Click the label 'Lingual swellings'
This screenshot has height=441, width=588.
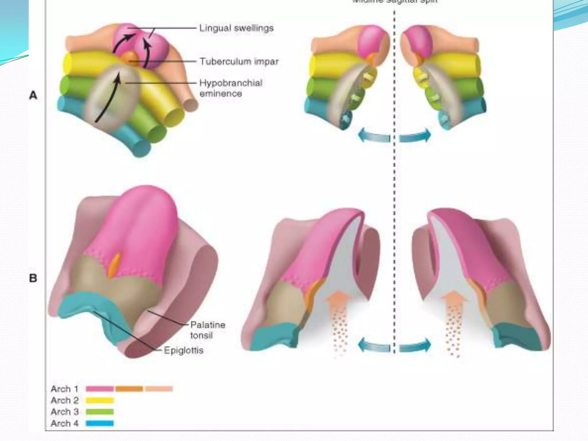click(x=236, y=28)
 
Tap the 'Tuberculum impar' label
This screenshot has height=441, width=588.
click(x=239, y=61)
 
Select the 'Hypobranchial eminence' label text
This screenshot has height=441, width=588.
click(x=231, y=88)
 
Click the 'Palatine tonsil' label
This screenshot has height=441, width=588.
click(x=208, y=330)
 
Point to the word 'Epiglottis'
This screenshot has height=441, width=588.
click(x=183, y=350)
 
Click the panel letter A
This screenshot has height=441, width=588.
click(x=33, y=95)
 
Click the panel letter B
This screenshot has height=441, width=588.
click(x=33, y=278)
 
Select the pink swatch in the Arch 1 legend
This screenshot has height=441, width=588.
click(x=100, y=389)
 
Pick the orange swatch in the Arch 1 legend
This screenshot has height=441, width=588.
click(x=129, y=389)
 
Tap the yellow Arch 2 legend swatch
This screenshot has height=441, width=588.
click(x=100, y=400)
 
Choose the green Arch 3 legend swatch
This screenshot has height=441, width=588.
click(x=100, y=412)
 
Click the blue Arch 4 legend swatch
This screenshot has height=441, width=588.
click(x=100, y=423)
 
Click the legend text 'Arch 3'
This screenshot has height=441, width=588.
click(x=65, y=412)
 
